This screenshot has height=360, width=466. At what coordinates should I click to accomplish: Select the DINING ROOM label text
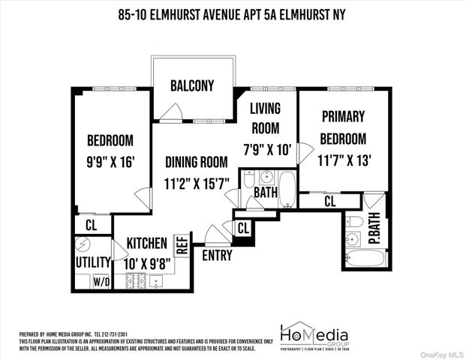pos(196,160)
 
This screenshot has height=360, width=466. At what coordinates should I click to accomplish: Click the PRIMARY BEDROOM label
pos(343,127)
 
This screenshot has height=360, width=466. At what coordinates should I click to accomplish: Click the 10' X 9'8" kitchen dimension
pos(149,263)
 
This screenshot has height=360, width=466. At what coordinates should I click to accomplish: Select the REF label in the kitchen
pos(182,244)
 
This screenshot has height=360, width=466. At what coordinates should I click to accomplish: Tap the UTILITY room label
pos(93,262)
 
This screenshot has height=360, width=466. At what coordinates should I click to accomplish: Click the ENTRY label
pos(217,255)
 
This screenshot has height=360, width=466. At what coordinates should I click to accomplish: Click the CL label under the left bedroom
pos(91,225)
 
